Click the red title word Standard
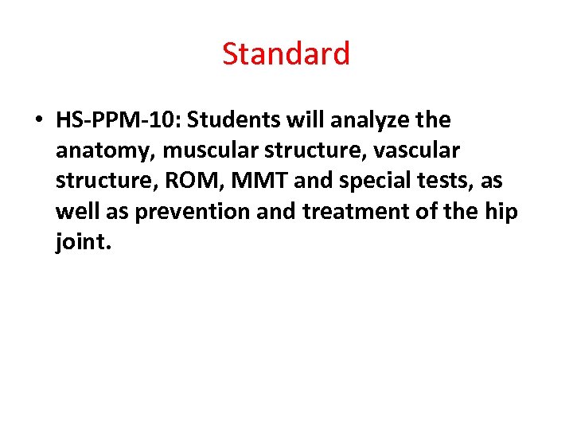click(286, 54)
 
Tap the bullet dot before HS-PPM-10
click(38, 121)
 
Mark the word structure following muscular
click(310, 151)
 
